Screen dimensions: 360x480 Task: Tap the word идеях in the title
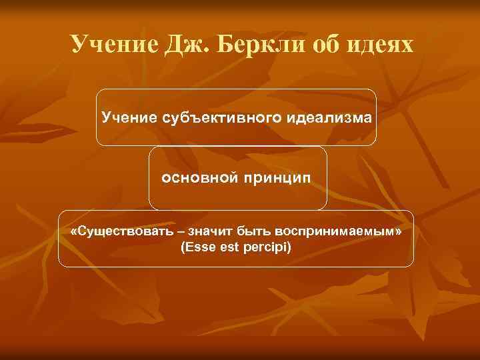click(x=379, y=46)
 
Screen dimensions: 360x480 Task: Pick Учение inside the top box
click(x=127, y=117)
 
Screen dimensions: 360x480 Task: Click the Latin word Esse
click(x=199, y=247)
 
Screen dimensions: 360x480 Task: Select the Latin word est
click(x=229, y=247)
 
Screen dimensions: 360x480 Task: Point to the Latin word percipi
click(x=266, y=247)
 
